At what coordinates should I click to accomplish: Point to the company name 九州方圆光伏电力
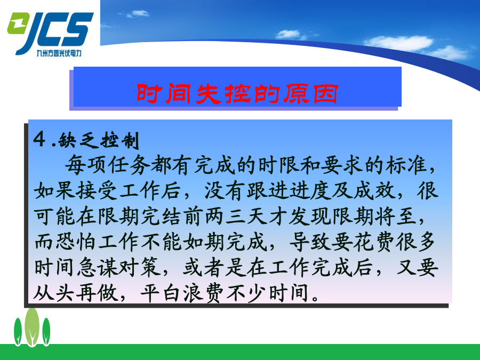(59, 53)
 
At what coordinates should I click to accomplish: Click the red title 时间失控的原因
(237, 93)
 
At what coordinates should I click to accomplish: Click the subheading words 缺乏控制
(99, 140)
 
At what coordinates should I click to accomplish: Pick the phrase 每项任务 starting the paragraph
(107, 165)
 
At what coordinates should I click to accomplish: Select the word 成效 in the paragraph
(374, 191)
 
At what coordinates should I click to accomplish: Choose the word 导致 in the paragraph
(309, 242)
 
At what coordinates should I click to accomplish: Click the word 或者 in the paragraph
(204, 268)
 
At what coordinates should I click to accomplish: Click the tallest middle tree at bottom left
(32, 327)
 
